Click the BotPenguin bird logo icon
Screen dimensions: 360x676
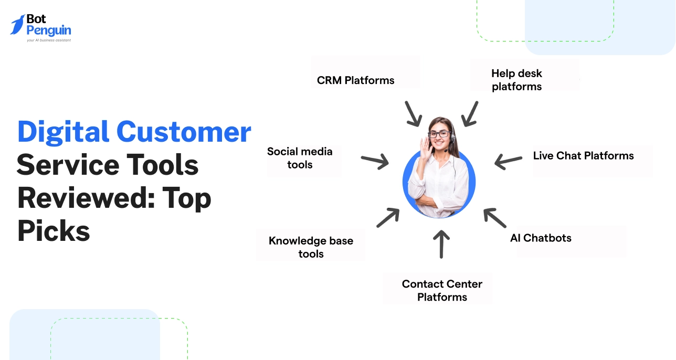pos(17,25)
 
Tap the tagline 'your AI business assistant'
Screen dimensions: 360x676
pos(49,40)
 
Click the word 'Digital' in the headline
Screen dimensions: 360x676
pos(63,132)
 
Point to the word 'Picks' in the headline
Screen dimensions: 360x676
pos(54,231)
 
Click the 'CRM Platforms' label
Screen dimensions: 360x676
pos(355,80)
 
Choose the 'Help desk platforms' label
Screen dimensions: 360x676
pos(516,80)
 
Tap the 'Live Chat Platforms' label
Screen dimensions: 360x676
pos(583,156)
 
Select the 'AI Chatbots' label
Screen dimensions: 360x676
pos(541,238)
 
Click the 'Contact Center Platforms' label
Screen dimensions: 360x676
pos(442,290)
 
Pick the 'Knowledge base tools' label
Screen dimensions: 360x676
pos(311,247)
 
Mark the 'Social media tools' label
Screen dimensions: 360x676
pos(300,158)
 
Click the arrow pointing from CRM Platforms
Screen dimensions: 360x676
pos(414,114)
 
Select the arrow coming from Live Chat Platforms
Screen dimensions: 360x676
pos(508,161)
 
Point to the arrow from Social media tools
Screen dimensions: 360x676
pos(374,161)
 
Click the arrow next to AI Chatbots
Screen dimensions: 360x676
pos(494,217)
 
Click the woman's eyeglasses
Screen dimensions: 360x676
pos(439,134)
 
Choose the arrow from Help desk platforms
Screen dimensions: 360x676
pos(469,114)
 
